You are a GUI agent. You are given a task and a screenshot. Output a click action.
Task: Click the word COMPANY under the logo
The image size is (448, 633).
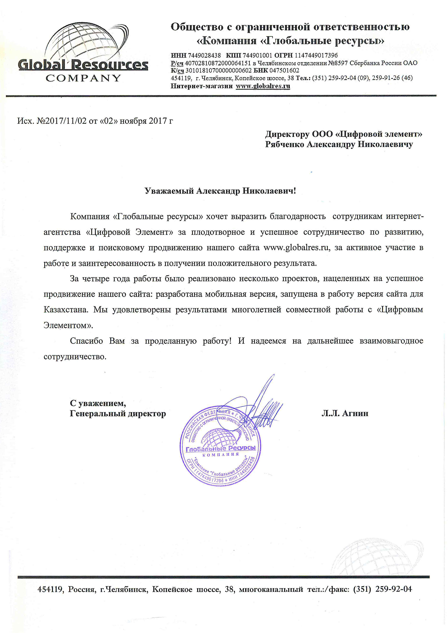[83, 78]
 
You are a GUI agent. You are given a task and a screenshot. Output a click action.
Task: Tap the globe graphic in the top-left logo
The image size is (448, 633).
[83, 41]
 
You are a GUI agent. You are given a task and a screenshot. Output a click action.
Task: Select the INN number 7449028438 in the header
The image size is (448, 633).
[204, 55]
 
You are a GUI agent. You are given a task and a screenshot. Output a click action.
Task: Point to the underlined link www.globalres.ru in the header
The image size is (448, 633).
[263, 86]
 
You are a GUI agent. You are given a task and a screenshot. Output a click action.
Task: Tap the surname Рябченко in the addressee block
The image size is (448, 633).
[285, 144]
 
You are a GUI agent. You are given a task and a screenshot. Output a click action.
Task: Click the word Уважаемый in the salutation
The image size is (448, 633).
[169, 191]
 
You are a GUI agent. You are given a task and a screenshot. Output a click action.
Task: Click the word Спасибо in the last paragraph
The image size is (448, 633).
[86, 341]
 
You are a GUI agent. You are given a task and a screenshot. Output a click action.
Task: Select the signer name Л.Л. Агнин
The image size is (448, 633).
[345, 413]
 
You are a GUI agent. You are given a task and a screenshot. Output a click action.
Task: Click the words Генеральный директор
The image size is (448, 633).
[118, 414]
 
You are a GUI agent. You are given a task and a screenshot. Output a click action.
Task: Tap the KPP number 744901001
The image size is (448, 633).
[257, 55]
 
